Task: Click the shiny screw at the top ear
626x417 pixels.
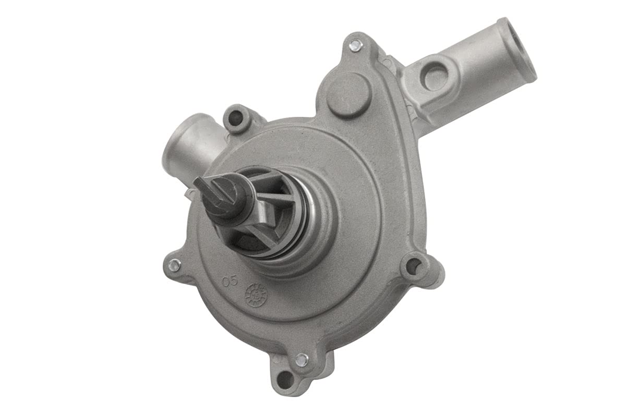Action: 355,45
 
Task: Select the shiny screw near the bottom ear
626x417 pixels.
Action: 302,359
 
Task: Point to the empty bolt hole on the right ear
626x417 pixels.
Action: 413,266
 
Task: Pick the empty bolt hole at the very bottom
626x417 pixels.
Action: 284,380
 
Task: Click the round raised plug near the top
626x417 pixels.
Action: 349,95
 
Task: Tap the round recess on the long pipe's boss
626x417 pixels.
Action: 435,78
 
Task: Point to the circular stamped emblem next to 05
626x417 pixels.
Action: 256,295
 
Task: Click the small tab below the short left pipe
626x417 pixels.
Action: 189,194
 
